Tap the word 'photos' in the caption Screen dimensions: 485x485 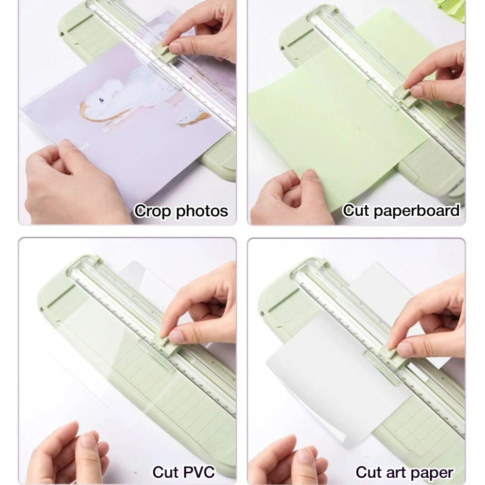(202, 212)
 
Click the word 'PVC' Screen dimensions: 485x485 (199, 472)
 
